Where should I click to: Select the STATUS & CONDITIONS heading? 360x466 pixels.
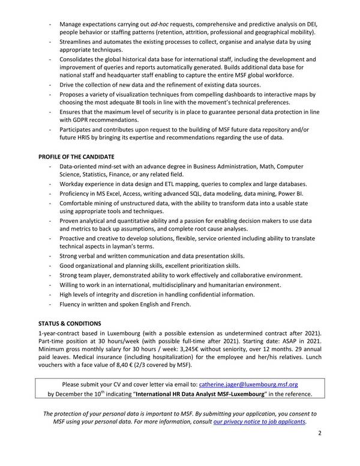pos(70,324)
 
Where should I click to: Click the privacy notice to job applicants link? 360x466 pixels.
pos(260,422)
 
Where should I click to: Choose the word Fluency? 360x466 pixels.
pos(73,304)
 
